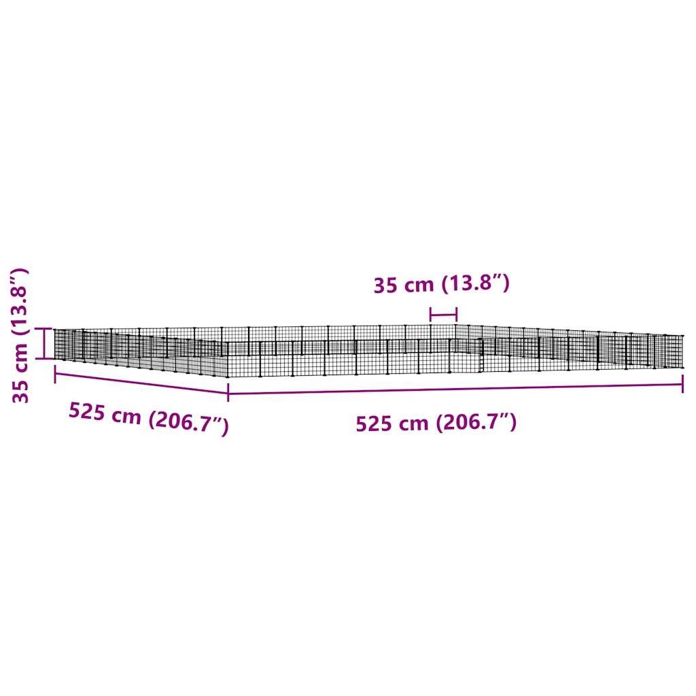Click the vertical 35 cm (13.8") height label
tap(20, 336)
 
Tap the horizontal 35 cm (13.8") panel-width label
tap(441, 283)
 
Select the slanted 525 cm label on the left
tap(149, 418)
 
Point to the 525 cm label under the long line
tap(436, 423)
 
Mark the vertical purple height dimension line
tap(44, 343)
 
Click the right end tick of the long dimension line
tap(682, 384)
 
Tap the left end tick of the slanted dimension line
tap(55, 375)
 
